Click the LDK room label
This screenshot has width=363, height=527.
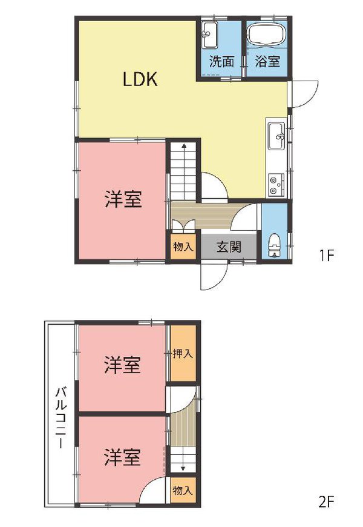click(140, 79)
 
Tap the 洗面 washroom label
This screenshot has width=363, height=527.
click(221, 61)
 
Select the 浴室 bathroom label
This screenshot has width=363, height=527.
click(267, 61)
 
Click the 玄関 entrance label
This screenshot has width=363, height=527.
click(229, 247)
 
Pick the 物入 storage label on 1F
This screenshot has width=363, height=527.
click(183, 247)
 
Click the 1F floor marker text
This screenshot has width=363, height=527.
click(327, 256)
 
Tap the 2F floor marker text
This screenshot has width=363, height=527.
click(326, 502)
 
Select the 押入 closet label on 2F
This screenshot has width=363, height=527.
click(183, 354)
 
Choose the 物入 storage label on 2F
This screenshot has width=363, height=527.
click(183, 490)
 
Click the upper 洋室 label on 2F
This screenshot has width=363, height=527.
click(122, 365)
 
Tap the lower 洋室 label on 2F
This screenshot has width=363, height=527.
click(122, 457)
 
